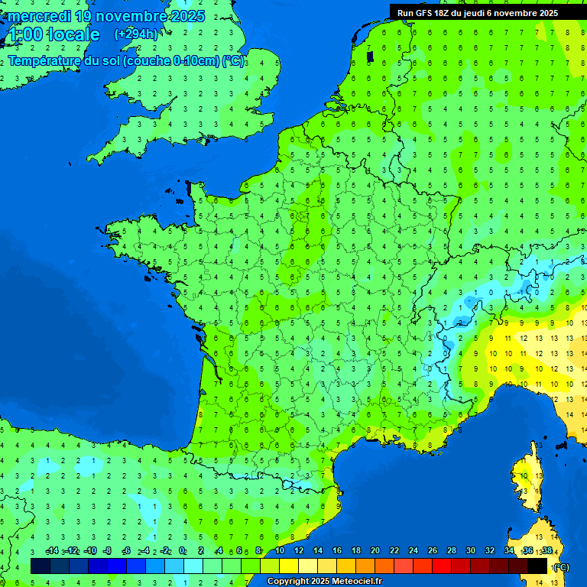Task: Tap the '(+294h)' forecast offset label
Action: tap(135, 34)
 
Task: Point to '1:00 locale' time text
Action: tap(54, 35)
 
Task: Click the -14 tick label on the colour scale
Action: tap(52, 551)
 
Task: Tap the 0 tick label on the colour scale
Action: tap(182, 551)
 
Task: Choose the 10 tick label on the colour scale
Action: tap(280, 551)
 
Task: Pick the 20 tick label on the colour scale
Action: tap(375, 551)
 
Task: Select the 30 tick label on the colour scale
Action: tap(471, 551)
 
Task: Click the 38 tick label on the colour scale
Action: tap(546, 551)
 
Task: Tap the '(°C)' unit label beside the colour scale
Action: tap(561, 566)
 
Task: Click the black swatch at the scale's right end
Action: tap(537, 566)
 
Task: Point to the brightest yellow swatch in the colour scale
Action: tap(289, 566)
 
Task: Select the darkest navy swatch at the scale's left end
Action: tap(41, 566)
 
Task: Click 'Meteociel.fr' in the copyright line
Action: tap(357, 581)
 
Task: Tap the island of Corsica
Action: tap(527, 482)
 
